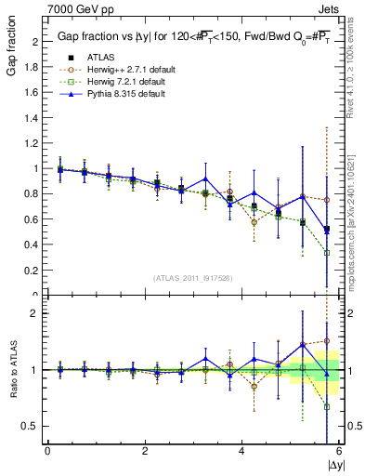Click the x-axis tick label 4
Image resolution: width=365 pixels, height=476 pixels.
pyautogui.click(x=241, y=451)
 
